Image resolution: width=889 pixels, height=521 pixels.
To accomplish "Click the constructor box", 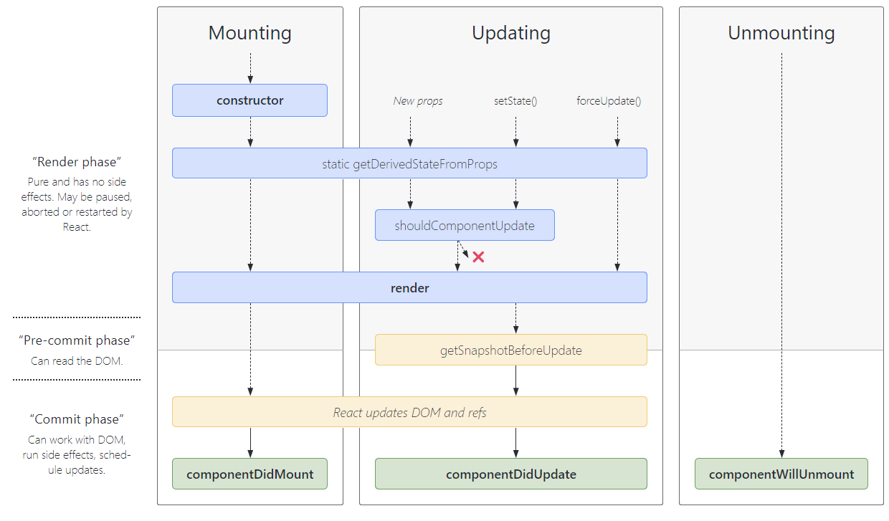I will (x=249, y=100).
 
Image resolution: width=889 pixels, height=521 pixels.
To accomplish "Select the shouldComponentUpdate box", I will (x=465, y=225).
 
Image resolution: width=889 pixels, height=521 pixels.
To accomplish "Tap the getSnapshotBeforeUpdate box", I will (x=510, y=350).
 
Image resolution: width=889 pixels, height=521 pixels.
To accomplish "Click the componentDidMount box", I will (x=249, y=474).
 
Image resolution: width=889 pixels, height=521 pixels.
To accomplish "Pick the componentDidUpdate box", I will (x=510, y=474).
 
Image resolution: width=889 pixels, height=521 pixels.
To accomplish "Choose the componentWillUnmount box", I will (x=781, y=474).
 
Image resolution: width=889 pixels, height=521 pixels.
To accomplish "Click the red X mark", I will (x=478, y=257).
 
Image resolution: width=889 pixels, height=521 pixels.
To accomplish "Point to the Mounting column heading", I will (x=249, y=33).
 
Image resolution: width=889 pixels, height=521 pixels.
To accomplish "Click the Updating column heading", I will (x=510, y=33).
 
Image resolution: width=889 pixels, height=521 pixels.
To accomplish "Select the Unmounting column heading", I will (x=781, y=33).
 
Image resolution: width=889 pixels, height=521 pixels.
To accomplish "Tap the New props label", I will (x=418, y=101).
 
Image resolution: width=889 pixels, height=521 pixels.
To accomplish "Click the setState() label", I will (x=515, y=101).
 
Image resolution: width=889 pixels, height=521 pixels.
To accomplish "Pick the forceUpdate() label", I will (x=609, y=101).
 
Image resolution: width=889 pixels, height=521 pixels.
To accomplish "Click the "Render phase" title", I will (x=77, y=162).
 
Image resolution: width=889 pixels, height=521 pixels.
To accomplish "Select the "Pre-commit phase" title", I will (x=77, y=340).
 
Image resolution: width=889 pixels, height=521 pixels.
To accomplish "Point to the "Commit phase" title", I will (x=77, y=419).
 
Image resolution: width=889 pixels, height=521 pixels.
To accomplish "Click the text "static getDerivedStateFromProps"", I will (x=409, y=164).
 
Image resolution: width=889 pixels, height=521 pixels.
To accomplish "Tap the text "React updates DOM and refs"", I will (x=409, y=412).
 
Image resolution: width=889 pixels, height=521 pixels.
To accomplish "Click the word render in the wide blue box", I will (x=409, y=288).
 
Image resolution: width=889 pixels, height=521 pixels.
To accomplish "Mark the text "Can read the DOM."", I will (x=77, y=361).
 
